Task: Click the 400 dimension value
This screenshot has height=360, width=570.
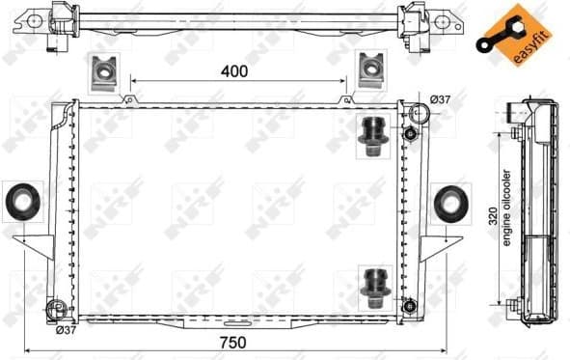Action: point(234,70)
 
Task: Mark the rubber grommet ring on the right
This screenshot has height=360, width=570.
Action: point(449,203)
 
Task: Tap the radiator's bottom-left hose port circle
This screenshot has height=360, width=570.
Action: point(55,310)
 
